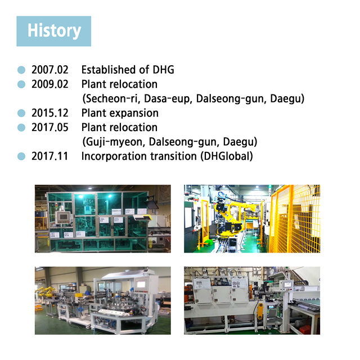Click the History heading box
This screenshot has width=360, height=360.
54,31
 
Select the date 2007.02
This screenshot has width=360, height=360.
50,70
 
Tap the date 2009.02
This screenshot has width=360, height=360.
50,84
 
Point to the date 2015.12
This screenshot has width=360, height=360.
50,113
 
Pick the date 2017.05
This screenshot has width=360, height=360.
50,128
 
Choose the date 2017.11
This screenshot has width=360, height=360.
50,156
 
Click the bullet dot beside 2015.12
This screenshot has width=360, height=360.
21,113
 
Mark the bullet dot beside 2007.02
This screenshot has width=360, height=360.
21,70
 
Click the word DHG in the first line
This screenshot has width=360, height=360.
163,70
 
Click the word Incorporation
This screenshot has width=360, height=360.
114,156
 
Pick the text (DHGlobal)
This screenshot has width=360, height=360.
227,156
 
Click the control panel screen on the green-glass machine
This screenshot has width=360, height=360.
62,217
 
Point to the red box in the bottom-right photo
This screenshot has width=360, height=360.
306,330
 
